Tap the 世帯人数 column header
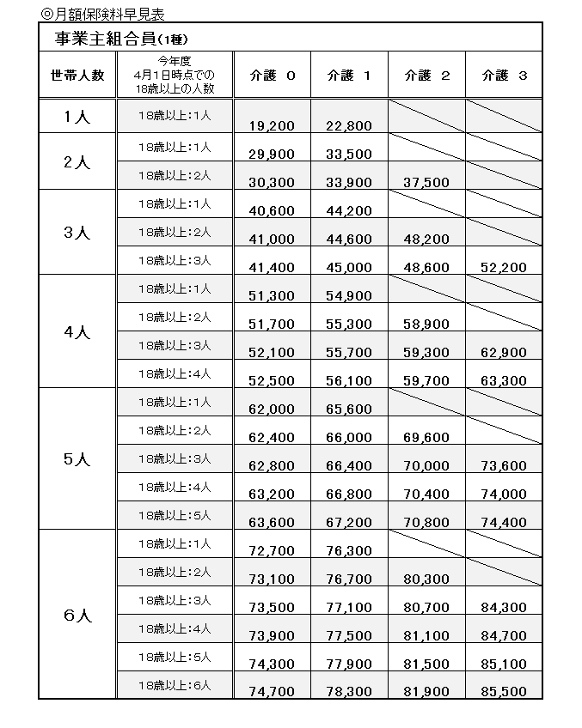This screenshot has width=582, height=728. pyautogui.click(x=77, y=76)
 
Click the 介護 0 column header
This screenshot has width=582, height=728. pyautogui.click(x=271, y=76)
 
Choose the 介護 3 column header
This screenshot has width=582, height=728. pyautogui.click(x=504, y=76)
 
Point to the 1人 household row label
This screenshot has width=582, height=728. pyautogui.click(x=77, y=118)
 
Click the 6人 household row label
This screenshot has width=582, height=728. pyautogui.click(x=77, y=615)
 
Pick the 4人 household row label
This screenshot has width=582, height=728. pyautogui.click(x=77, y=331)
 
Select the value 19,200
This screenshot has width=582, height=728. pyautogui.click(x=271, y=126)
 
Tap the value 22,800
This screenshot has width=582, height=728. pyautogui.click(x=349, y=126)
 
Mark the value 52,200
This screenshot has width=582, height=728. pyautogui.click(x=504, y=268)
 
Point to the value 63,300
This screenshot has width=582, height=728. pyautogui.click(x=504, y=381)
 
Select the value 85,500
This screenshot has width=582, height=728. pyautogui.click(x=504, y=692)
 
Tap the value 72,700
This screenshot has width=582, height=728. pyautogui.click(x=271, y=551)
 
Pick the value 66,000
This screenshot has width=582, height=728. pyautogui.click(x=349, y=438)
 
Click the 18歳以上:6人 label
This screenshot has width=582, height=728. pyautogui.click(x=175, y=685)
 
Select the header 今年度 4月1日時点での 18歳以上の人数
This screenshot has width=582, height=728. pyautogui.click(x=175, y=76)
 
